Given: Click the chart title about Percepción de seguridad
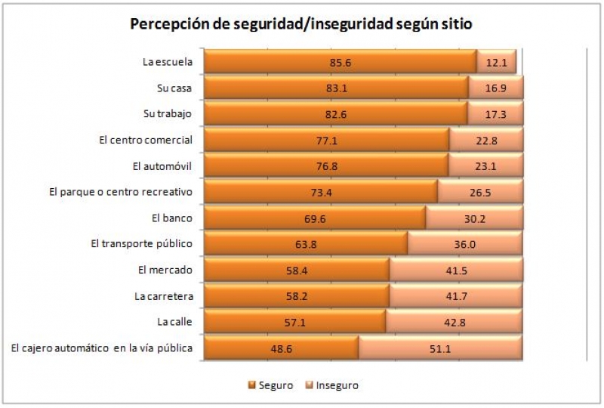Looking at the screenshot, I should tap(301, 23).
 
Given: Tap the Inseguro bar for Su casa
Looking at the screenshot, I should tap(495, 88).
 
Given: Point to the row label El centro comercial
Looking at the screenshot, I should tap(146, 140).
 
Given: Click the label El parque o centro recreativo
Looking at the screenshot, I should tap(120, 192).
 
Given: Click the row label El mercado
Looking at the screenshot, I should tap(165, 270).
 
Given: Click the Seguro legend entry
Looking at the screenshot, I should tap(270, 385).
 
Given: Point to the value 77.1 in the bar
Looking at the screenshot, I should tap(327, 141).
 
